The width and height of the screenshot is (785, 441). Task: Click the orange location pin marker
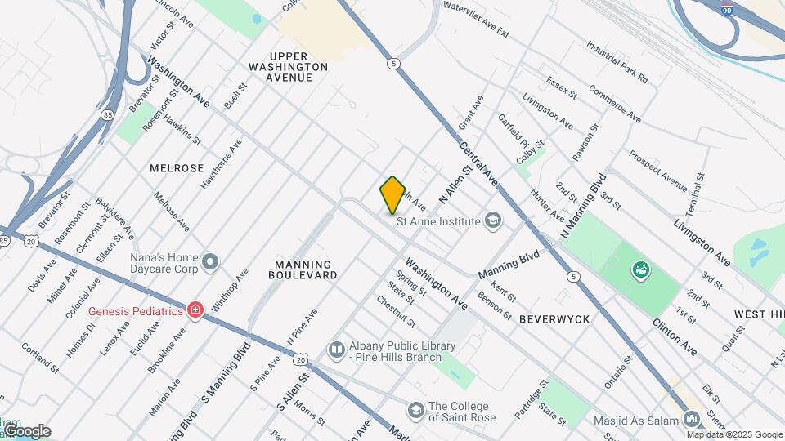pos(392,194)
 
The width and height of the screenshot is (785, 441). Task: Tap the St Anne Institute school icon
pos(493,220)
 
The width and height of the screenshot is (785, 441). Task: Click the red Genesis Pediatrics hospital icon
pos(195,310)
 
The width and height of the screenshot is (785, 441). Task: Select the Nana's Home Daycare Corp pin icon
pos(210,262)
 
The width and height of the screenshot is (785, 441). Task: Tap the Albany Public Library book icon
pos(336,350)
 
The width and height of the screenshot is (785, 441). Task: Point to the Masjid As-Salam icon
pos(693,419)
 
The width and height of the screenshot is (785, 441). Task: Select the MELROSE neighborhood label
pos(177,167)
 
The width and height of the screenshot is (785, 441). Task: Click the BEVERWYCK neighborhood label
pos(554,319)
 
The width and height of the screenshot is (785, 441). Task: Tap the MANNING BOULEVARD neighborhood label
pos(303,270)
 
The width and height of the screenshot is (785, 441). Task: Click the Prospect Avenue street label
pos(658,170)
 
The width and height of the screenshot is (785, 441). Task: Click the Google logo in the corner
pos(27,431)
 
